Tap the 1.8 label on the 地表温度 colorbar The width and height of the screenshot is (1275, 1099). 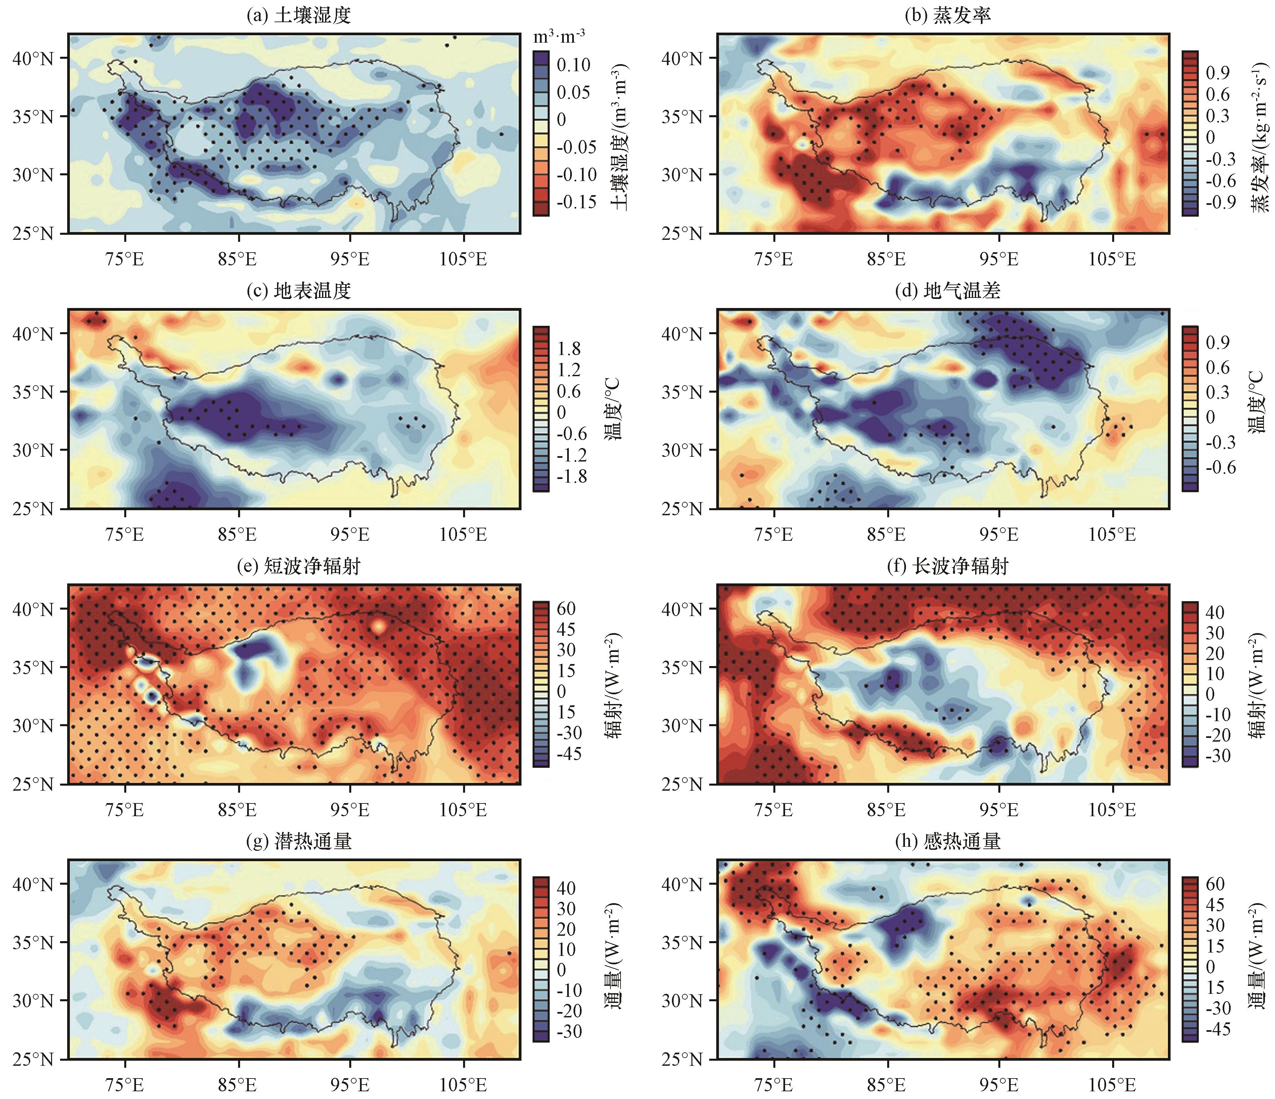(568, 349)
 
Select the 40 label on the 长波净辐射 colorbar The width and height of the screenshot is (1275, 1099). (1215, 612)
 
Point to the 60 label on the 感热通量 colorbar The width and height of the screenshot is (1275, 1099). (1215, 884)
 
